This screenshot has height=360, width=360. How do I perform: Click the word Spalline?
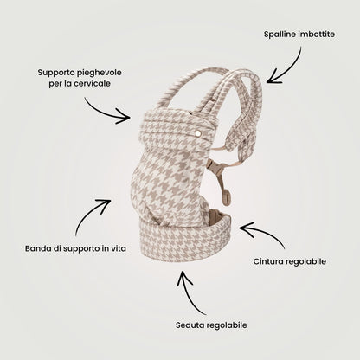(x=280, y=35)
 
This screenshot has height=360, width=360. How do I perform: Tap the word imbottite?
(x=317, y=35)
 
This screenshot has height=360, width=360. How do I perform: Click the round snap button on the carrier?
(x=198, y=133)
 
